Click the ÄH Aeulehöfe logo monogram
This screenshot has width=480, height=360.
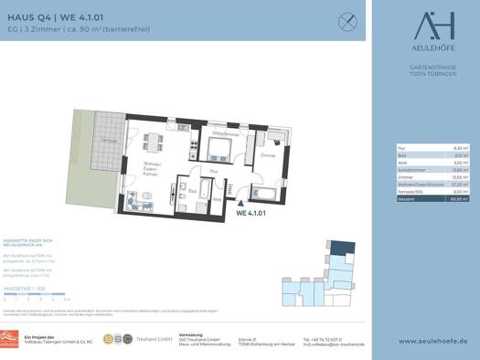(425, 24)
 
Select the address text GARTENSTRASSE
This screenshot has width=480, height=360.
(425, 67)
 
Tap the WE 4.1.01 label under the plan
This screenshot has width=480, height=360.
(251, 214)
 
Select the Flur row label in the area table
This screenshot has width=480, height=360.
(400, 146)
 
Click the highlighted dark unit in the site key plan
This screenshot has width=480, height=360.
(340, 247)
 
